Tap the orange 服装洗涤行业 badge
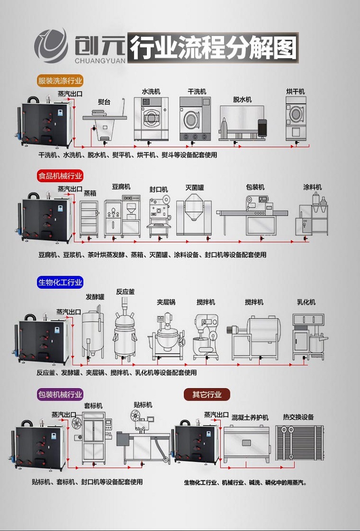point(60,81)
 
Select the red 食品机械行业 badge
point(60,176)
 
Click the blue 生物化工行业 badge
point(60,283)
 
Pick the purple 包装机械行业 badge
point(60,395)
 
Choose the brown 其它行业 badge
point(207,395)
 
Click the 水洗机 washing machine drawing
point(150,118)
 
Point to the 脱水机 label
point(242,100)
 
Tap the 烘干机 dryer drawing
point(296,118)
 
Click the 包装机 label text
point(255,187)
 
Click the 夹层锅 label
point(166,302)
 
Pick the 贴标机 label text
point(143,405)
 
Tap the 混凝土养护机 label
point(250,417)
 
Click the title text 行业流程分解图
point(214,47)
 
